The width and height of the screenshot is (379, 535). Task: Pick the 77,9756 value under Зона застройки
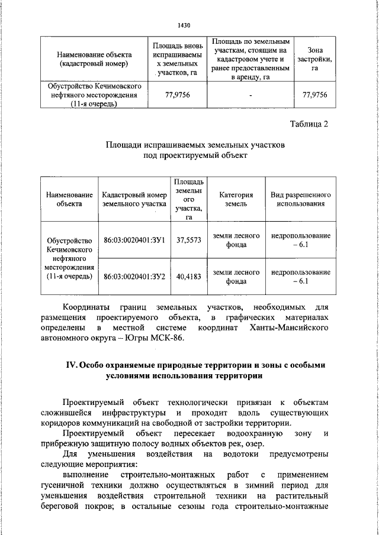point(314,95)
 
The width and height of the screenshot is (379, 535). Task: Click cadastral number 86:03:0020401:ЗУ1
point(133,240)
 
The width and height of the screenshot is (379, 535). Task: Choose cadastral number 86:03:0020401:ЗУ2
point(133,276)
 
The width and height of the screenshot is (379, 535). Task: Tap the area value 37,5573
point(189,240)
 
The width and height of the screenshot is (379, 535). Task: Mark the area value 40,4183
point(189,276)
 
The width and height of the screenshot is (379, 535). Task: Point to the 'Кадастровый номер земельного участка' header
point(133,199)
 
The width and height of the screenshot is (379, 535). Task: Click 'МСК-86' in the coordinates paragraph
point(168,338)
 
